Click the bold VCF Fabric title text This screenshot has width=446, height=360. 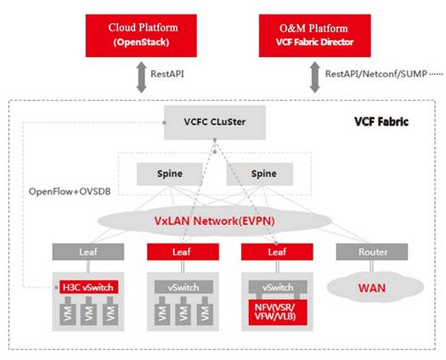381,121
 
